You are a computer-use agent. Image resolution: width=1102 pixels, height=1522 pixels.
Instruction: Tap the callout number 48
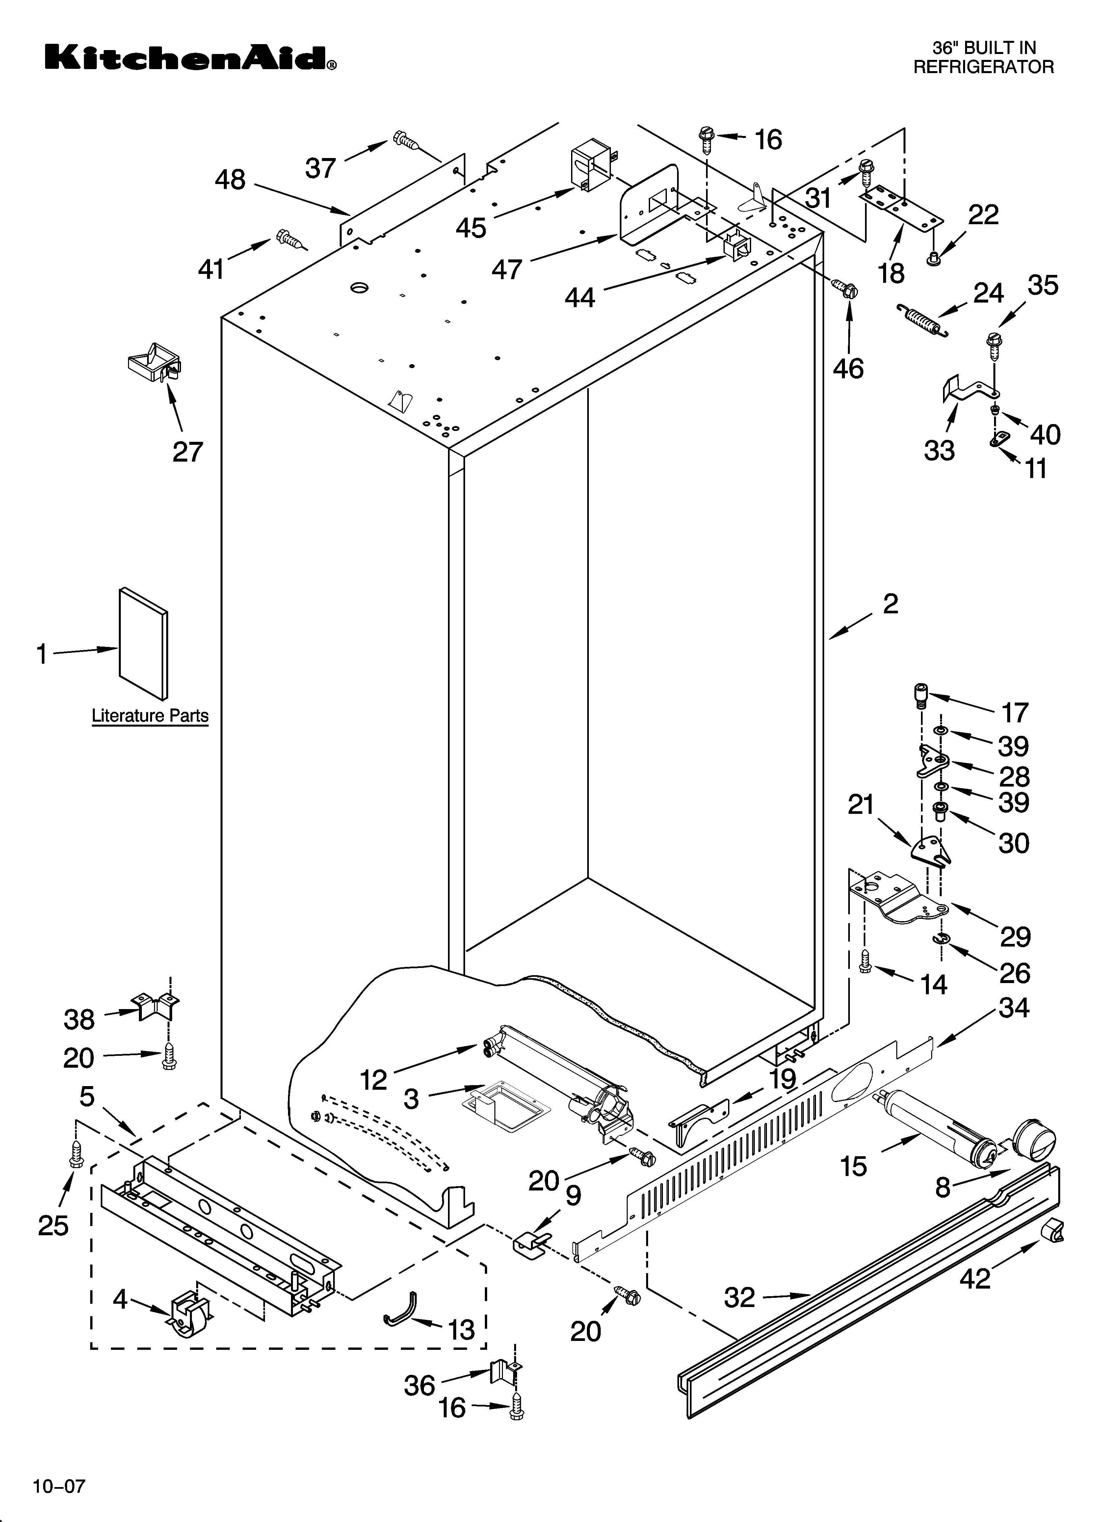(x=230, y=180)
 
